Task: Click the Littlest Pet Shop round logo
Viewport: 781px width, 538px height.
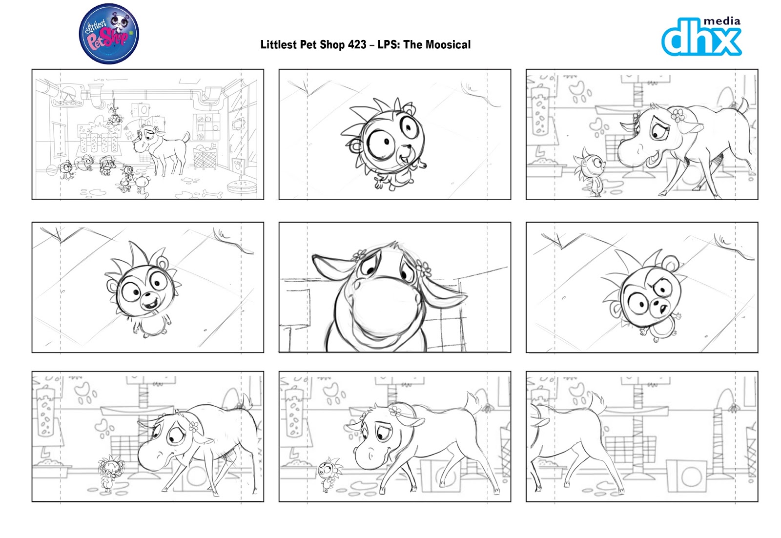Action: pyautogui.click(x=109, y=34)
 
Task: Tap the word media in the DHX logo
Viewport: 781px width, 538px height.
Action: pyautogui.click(x=721, y=21)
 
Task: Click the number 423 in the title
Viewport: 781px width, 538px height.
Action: pyautogui.click(x=357, y=45)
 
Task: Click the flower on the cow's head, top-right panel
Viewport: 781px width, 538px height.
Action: pyautogui.click(x=678, y=115)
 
